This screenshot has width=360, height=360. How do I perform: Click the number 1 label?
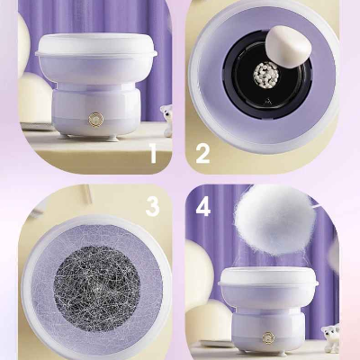[x=154, y=153]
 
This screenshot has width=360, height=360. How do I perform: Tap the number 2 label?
[x=202, y=153]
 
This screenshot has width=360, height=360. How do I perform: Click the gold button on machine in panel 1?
[x=96, y=120]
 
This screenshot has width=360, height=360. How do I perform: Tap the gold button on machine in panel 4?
[x=268, y=337]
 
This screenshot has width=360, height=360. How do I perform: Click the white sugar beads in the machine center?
[x=265, y=76]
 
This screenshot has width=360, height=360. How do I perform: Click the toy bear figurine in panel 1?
[x=166, y=121]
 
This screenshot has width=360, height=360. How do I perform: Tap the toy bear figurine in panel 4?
[x=331, y=337]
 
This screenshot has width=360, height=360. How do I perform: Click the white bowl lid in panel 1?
[x=96, y=45]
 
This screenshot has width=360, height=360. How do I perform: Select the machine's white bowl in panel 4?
[x=268, y=288]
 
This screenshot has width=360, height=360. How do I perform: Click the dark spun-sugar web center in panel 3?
[x=97, y=284]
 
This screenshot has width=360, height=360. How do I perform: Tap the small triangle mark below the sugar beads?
[x=266, y=102]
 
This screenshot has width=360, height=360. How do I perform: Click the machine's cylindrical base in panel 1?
[x=96, y=111]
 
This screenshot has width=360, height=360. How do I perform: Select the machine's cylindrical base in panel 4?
[x=268, y=328]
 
